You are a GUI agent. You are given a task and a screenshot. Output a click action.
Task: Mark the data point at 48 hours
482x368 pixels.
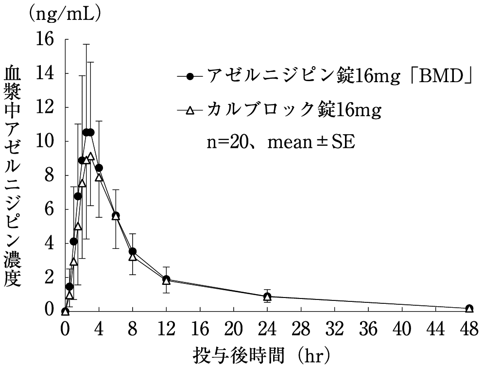469,309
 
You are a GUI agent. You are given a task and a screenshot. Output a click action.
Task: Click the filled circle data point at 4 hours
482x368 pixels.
99,168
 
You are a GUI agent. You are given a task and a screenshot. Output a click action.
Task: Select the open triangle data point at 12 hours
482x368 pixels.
166,281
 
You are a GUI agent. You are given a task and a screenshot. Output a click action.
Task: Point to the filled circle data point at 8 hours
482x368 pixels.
133,251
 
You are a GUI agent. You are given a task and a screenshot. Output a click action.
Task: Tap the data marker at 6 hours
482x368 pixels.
116,216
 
